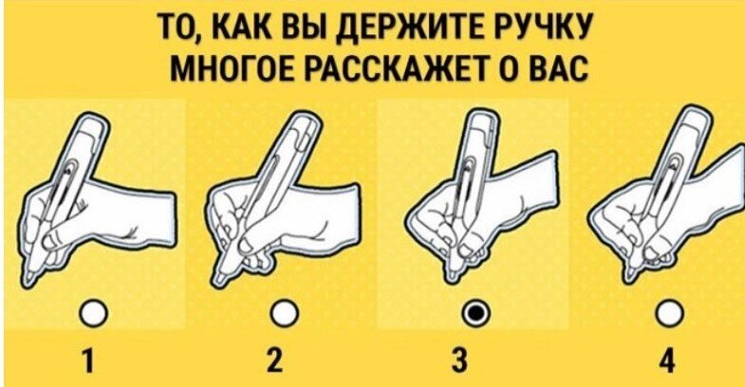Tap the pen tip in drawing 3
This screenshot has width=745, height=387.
coord(454,280)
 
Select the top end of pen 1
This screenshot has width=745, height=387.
coord(92,120)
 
